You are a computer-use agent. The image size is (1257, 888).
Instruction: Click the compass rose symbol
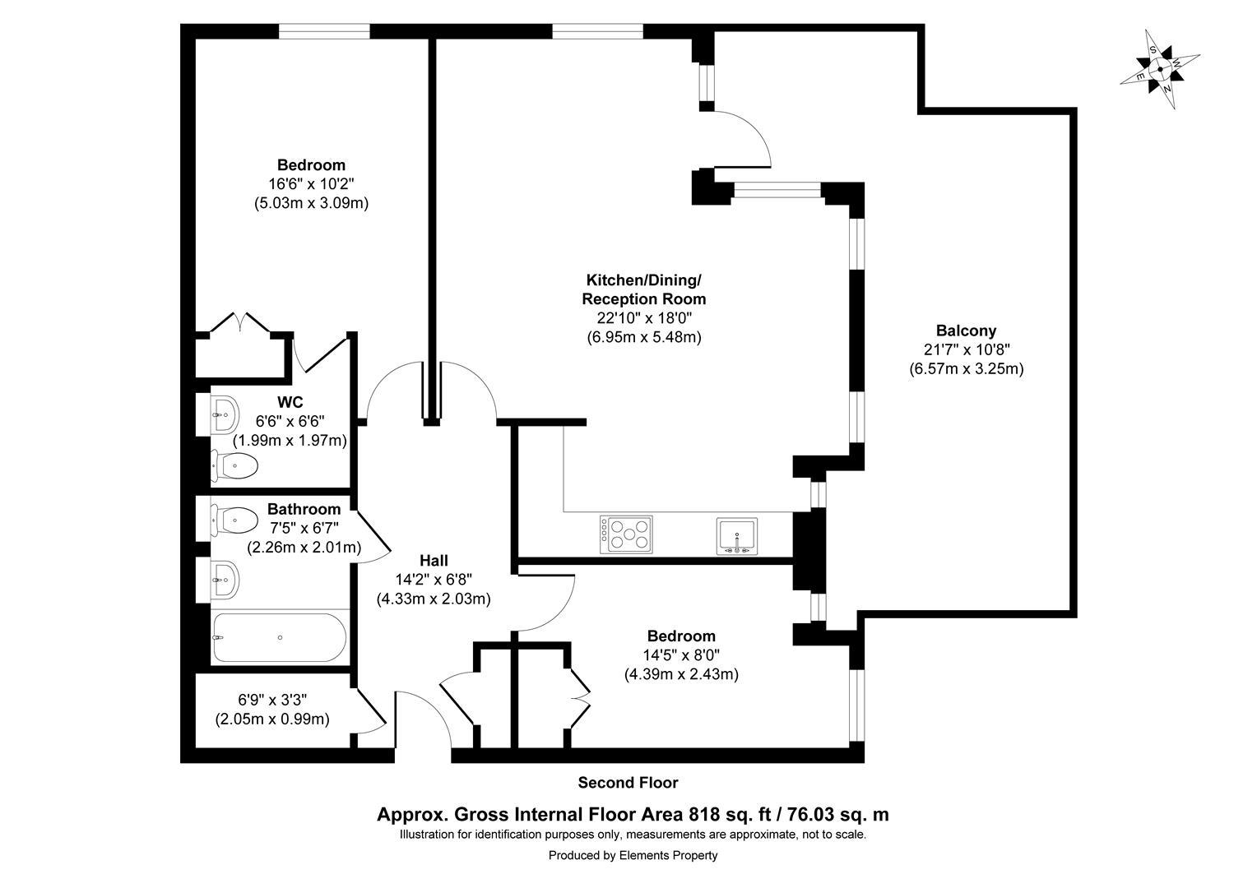(1160, 69)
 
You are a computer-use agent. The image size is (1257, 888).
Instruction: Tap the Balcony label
(966, 331)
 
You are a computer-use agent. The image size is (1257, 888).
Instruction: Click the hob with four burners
(626, 534)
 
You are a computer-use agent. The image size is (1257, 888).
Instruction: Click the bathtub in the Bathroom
(279, 637)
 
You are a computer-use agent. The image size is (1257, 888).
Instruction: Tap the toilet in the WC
(235, 466)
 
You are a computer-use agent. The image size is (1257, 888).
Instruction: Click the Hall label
(434, 561)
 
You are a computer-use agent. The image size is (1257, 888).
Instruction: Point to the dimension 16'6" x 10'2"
(311, 184)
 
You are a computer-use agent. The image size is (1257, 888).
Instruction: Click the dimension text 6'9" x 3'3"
(272, 701)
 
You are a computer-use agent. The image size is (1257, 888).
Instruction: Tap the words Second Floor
(628, 783)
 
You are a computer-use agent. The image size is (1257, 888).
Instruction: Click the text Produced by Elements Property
(633, 855)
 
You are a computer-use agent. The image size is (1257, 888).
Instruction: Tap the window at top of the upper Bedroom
(323, 31)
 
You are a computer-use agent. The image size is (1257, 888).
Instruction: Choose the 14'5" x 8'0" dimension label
(681, 655)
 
